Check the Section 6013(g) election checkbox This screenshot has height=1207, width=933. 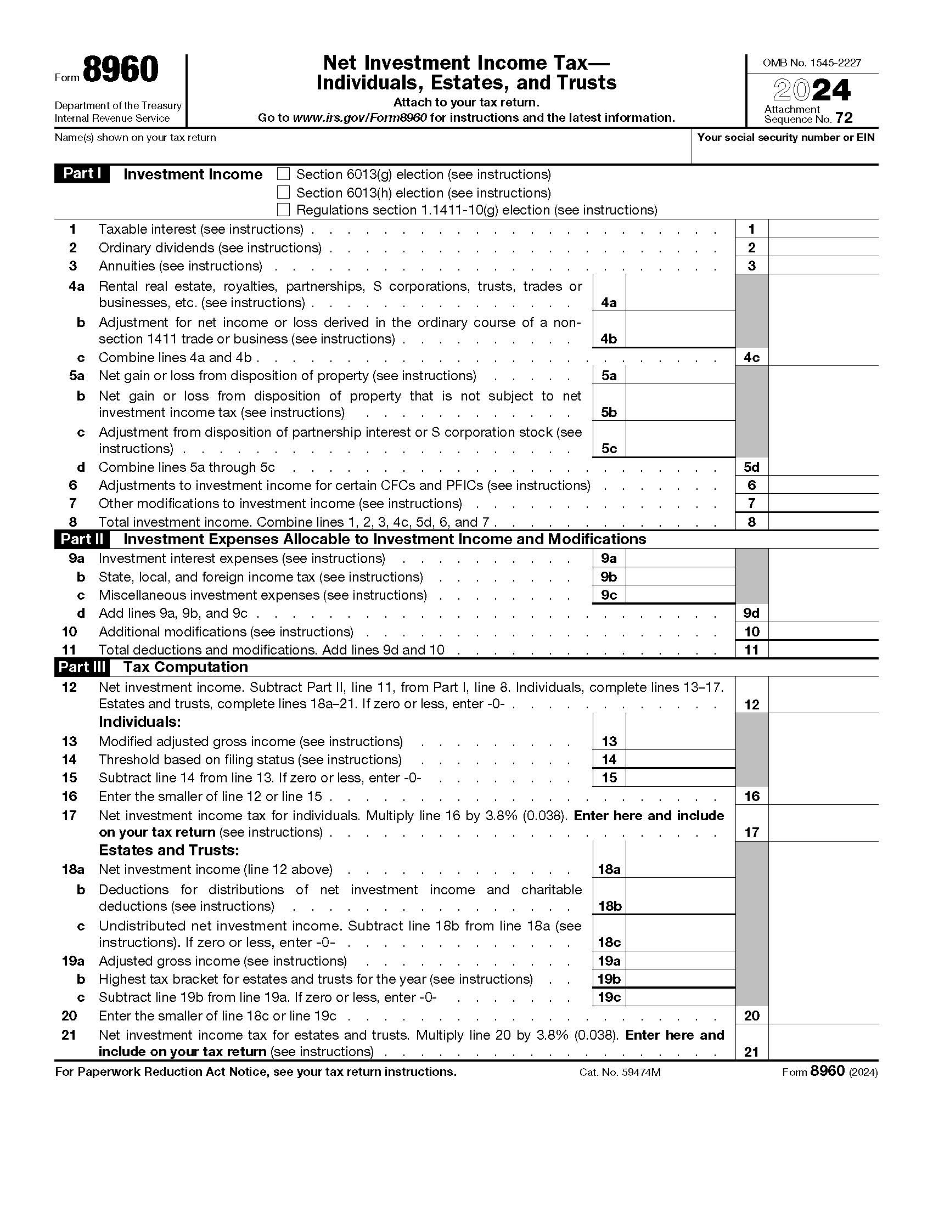(x=283, y=174)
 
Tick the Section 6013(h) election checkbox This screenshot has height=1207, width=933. (x=283, y=193)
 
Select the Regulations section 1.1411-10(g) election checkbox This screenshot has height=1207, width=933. (x=283, y=210)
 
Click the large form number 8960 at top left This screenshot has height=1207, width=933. (x=121, y=70)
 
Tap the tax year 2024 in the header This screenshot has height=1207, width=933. (x=811, y=90)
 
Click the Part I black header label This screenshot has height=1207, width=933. (x=81, y=173)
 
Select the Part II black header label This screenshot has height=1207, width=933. (x=81, y=539)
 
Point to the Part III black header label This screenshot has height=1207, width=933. (x=81, y=667)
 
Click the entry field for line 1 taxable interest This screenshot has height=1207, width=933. (x=823, y=229)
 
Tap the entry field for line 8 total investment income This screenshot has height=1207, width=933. (x=823, y=522)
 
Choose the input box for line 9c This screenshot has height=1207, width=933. (x=680, y=595)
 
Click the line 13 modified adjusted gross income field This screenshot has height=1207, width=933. (x=680, y=741)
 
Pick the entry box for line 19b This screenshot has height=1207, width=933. (x=680, y=979)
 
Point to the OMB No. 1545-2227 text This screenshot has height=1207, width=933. (x=811, y=63)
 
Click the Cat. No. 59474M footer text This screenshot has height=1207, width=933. (x=620, y=1073)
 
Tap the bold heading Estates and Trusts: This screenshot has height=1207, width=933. (x=168, y=850)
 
